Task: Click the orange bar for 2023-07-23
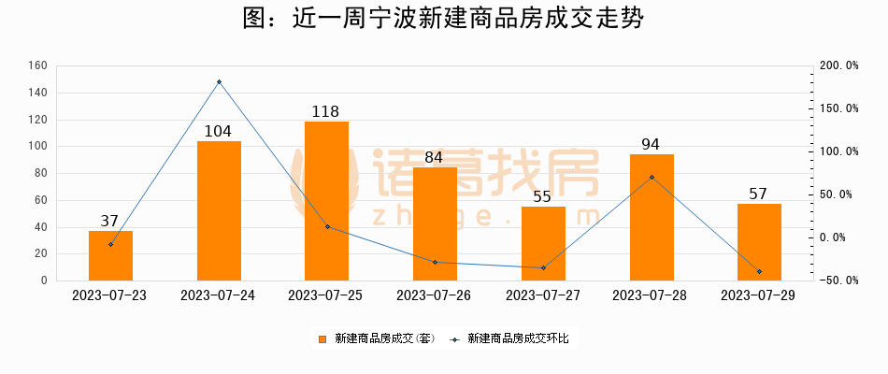click(x=110, y=255)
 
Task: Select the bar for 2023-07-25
click(x=326, y=201)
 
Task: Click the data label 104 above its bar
click(x=218, y=132)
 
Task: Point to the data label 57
click(x=759, y=194)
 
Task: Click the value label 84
click(x=435, y=158)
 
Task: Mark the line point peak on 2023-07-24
click(x=219, y=82)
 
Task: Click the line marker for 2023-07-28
click(x=652, y=177)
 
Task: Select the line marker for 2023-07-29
click(x=759, y=271)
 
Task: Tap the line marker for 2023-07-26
click(x=435, y=262)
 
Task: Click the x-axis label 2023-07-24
click(x=218, y=295)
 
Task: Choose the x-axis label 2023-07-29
click(x=759, y=295)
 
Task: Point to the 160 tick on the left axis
click(x=38, y=66)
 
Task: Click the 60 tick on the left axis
click(x=41, y=200)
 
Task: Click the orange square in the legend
click(x=322, y=338)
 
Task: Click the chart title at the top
click(x=443, y=20)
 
